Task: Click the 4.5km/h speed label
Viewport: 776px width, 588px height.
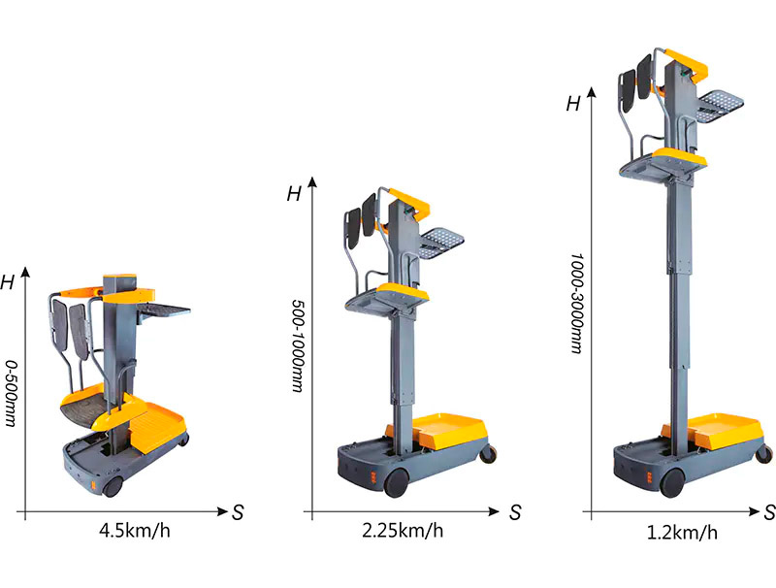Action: (135, 531)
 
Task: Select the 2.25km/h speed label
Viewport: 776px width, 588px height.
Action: (403, 531)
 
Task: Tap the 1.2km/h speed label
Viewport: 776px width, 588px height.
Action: (682, 533)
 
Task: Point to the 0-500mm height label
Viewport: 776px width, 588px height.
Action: (11, 393)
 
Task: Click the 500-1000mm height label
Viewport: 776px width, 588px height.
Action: (297, 345)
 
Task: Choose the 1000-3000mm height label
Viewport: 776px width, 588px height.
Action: (576, 304)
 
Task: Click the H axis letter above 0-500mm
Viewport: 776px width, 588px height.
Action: (8, 282)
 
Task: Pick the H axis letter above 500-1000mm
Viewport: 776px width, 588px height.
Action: (294, 193)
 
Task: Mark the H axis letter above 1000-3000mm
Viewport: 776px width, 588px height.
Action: (573, 104)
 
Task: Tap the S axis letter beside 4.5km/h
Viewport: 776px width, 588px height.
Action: (238, 512)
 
